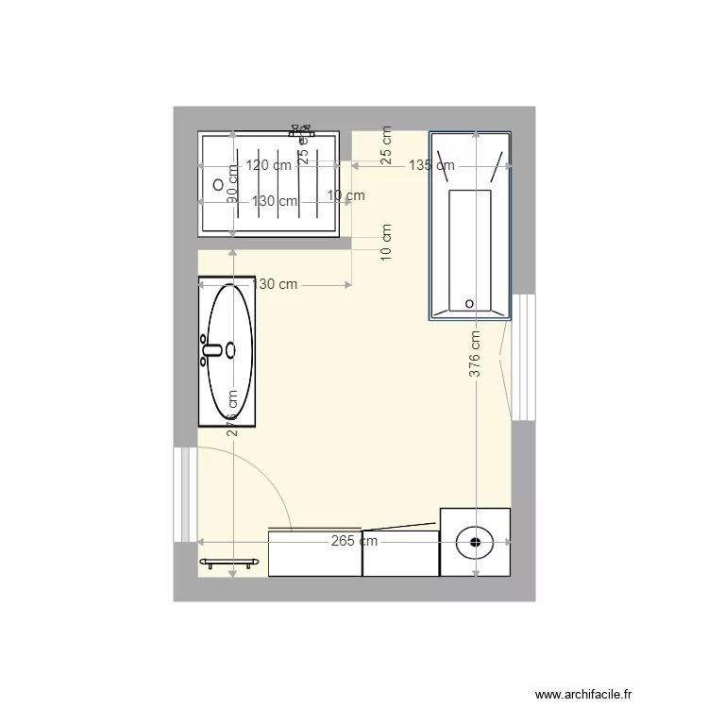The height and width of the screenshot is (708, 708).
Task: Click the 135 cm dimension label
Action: coord(431,165)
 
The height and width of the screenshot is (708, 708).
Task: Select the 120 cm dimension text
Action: coord(268,165)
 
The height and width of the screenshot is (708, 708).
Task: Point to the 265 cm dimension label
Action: coord(354,542)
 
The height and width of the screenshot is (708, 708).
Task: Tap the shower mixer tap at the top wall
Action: coord(302,129)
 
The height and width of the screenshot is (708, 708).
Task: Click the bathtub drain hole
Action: coord(469,303)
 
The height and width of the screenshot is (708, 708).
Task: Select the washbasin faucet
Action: coord(212,350)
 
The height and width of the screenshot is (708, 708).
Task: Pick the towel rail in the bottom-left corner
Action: coord(229,564)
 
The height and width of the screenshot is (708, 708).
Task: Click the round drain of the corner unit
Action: coord(475,542)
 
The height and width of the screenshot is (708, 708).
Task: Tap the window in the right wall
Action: coord(523,356)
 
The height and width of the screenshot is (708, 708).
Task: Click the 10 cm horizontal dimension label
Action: coord(346,196)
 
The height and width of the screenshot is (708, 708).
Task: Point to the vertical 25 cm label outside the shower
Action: coord(386,145)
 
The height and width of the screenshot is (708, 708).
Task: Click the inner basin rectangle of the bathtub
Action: coord(469,250)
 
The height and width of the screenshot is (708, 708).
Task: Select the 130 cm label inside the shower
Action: coord(274,201)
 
